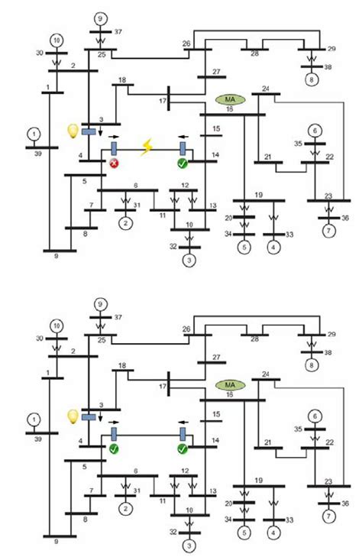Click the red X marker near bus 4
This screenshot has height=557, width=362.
(x=114, y=163)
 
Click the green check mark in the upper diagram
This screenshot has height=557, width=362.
(x=182, y=163)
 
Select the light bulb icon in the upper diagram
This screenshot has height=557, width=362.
(x=73, y=131)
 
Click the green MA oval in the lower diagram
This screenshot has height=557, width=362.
(x=227, y=384)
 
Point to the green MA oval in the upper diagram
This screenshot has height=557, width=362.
(x=227, y=99)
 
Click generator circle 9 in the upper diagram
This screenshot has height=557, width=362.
(x=99, y=18)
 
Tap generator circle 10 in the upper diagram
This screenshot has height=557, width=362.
(x=56, y=39)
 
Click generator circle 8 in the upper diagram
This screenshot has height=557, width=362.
(x=312, y=79)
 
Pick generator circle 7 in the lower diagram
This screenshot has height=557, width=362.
(x=329, y=517)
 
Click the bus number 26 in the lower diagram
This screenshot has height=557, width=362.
(x=186, y=329)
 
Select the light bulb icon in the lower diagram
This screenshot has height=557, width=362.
(x=73, y=416)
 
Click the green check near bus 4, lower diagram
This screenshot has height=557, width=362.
(x=114, y=448)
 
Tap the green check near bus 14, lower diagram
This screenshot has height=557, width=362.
(x=182, y=448)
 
